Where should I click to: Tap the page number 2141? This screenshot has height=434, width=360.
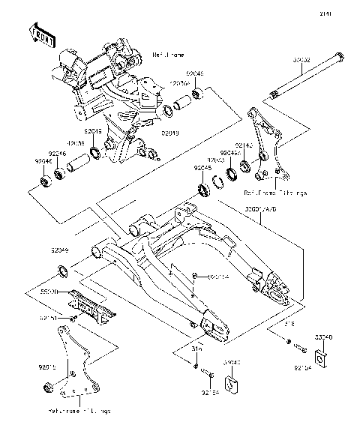346,12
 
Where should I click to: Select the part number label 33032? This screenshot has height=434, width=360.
301,61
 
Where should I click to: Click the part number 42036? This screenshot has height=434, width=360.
75,144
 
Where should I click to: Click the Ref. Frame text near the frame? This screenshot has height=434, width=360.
166,55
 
